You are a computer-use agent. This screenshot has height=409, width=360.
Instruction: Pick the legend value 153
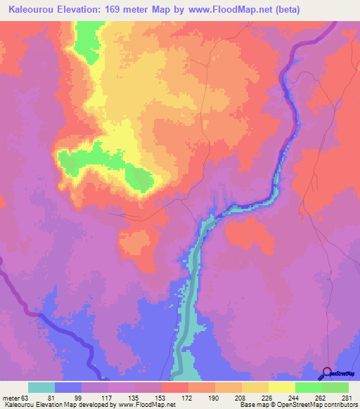[160, 398]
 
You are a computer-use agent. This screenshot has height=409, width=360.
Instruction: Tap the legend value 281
[347, 398]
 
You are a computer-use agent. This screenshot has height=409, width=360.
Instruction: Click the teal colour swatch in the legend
[41, 387]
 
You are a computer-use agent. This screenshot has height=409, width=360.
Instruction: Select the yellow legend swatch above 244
[281, 387]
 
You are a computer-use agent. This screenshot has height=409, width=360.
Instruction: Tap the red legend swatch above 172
[174, 387]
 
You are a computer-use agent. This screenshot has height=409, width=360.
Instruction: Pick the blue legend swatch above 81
[68, 387]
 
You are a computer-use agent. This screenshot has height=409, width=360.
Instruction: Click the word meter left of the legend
[11, 398]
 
